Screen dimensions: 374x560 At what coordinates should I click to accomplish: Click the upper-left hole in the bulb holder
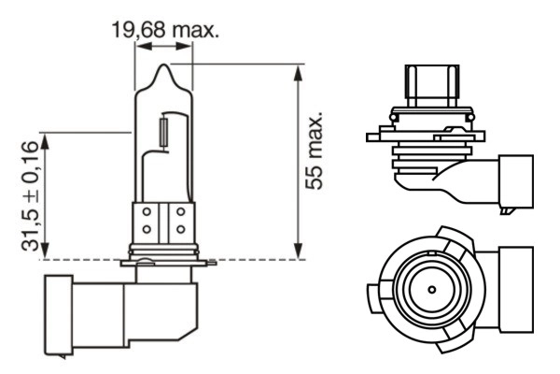click(x=147, y=213)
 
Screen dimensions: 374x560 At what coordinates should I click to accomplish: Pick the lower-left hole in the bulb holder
click(x=147, y=230)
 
